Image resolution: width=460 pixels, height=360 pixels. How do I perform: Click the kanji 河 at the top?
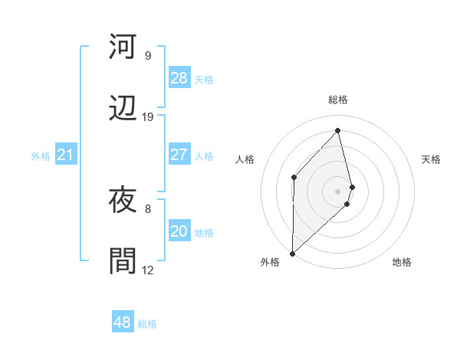pyautogui.click(x=123, y=47)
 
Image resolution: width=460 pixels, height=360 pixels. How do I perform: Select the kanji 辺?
pyautogui.click(x=123, y=109)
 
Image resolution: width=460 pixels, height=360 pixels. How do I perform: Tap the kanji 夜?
pyautogui.click(x=123, y=201)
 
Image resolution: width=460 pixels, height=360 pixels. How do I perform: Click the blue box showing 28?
pyautogui.click(x=179, y=78)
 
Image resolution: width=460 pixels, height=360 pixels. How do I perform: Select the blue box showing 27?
pyautogui.click(x=179, y=155)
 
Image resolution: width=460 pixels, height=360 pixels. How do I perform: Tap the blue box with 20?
pyautogui.click(x=179, y=231)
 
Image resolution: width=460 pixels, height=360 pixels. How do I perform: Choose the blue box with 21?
pyautogui.click(x=66, y=155)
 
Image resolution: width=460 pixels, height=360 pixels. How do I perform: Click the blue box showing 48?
pyautogui.click(x=123, y=322)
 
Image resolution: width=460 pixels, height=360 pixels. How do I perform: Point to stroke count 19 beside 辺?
pyautogui.click(x=148, y=117)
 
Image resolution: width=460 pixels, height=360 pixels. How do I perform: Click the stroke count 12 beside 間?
pyautogui.click(x=148, y=270)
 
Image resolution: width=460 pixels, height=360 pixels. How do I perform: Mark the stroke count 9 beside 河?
pyautogui.click(x=148, y=56)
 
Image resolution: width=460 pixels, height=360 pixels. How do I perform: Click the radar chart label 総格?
pyautogui.click(x=338, y=100)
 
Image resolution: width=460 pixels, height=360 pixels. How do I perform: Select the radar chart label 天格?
pyautogui.click(x=432, y=159)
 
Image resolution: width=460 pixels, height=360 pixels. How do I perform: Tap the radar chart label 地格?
pyautogui.click(x=402, y=262)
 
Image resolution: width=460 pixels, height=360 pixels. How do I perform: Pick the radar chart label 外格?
pyautogui.click(x=270, y=262)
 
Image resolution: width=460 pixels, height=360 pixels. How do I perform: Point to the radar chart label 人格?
pyautogui.click(x=245, y=159)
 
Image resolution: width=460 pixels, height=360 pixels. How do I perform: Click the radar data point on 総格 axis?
pyautogui.click(x=338, y=130)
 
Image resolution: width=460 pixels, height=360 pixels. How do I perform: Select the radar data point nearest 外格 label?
pyautogui.click(x=292, y=253)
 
